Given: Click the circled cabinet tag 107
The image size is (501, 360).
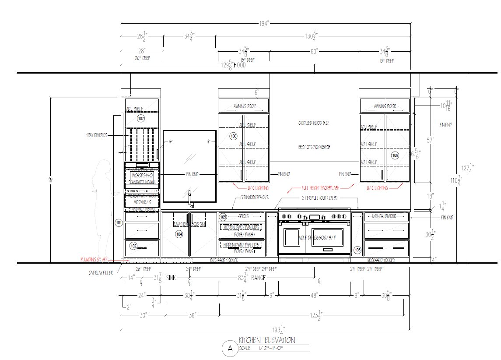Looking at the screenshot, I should click(x=141, y=119).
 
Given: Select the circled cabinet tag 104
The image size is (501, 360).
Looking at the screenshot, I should click(x=179, y=234).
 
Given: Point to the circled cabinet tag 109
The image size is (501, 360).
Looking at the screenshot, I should click(x=395, y=155).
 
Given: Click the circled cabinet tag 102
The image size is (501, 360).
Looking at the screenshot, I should click(x=133, y=246).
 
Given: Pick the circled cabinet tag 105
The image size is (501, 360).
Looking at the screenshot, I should click(x=223, y=216).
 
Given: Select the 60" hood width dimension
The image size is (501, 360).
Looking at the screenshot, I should click(x=314, y=51).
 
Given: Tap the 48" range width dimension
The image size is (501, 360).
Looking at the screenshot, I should click(x=314, y=296).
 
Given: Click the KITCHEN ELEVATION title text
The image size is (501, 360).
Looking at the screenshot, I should click(x=266, y=340).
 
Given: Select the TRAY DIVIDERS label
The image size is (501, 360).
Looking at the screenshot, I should click(x=97, y=136).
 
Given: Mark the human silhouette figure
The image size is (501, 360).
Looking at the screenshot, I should click(x=103, y=210).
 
